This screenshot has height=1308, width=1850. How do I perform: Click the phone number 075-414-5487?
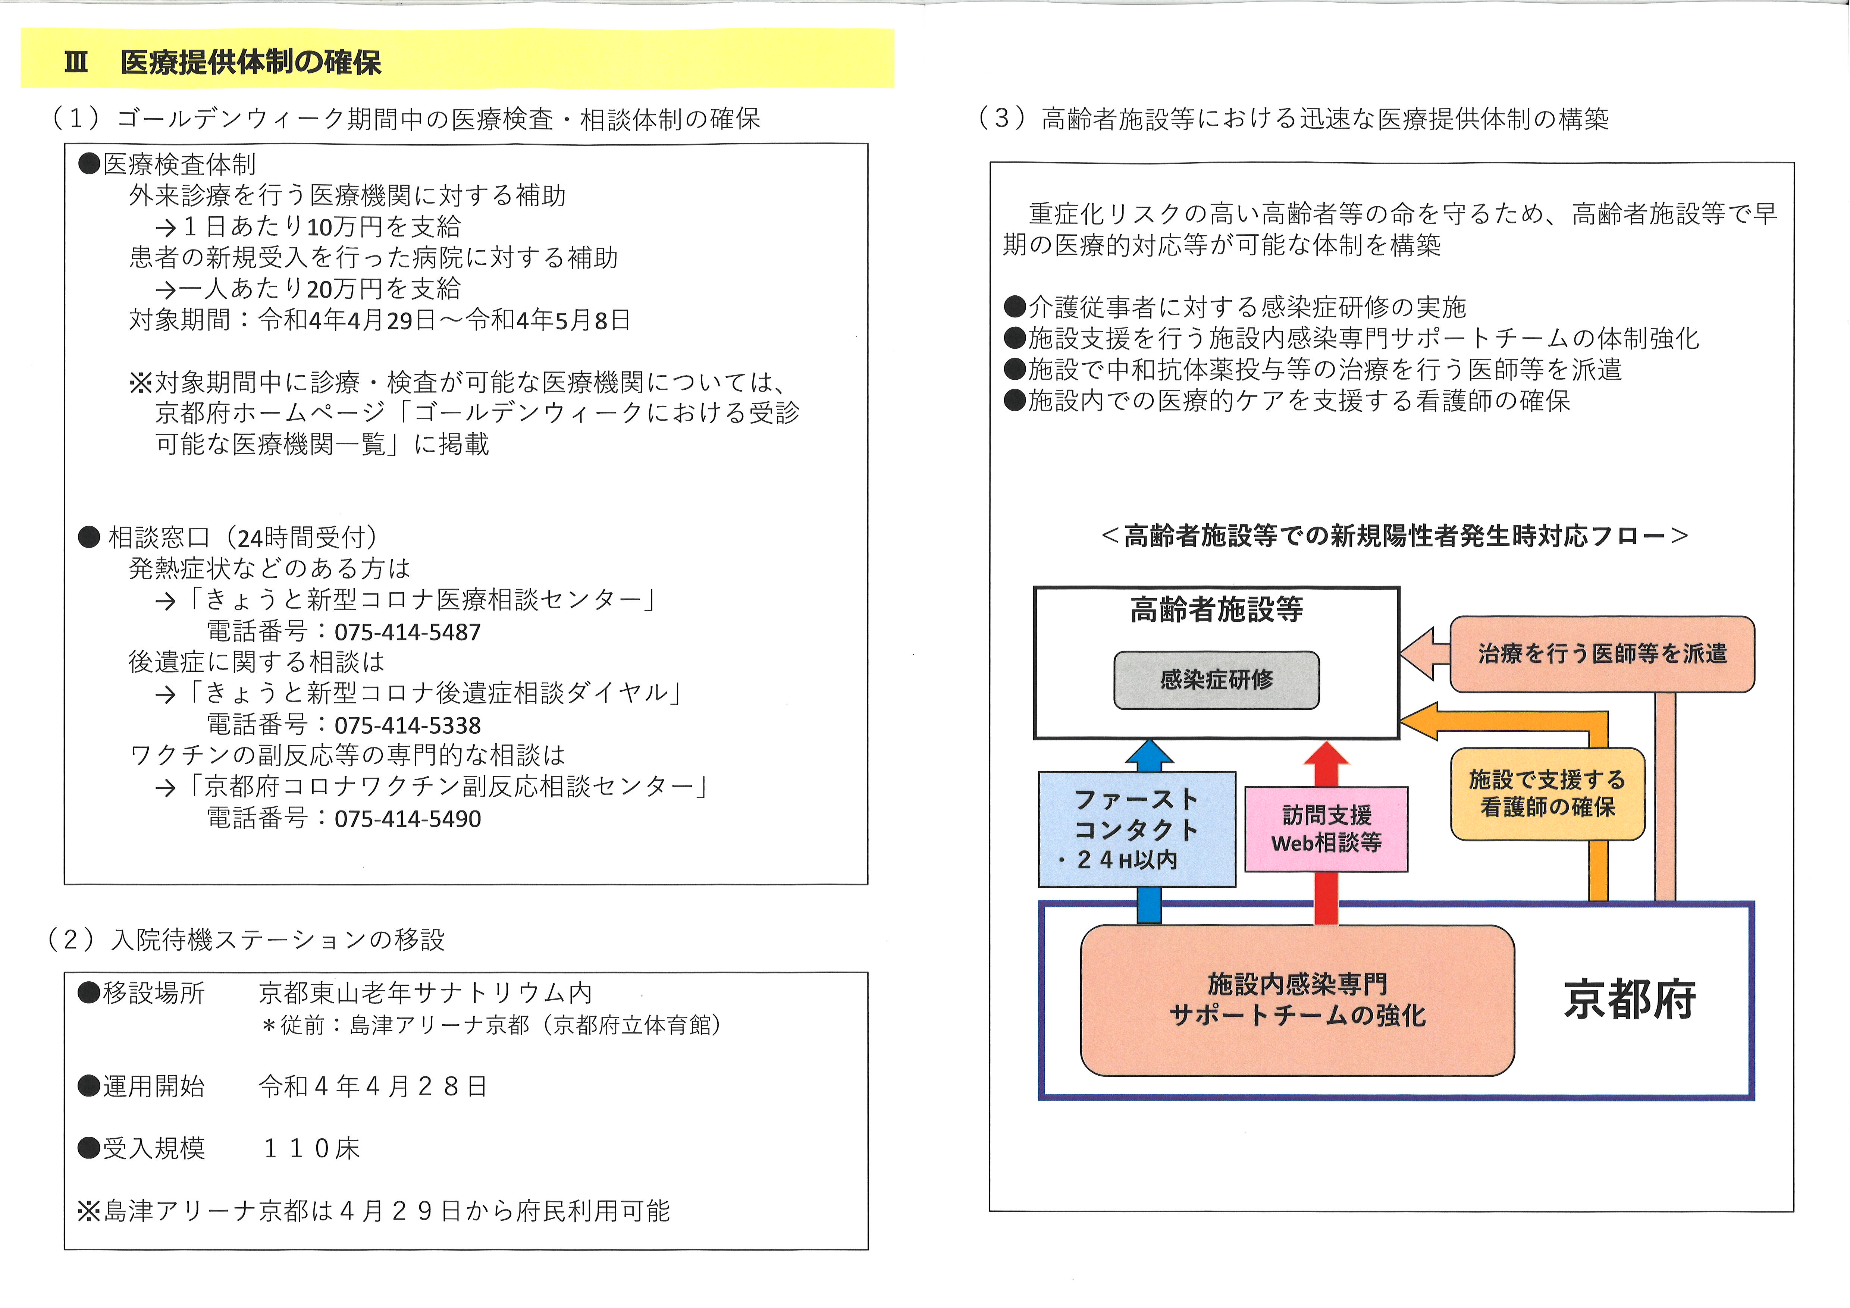coord(408,632)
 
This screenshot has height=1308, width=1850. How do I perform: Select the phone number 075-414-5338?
coord(408,725)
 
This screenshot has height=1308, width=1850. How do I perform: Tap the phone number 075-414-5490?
coord(408,819)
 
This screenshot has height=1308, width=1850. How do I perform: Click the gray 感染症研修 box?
coord(1216,680)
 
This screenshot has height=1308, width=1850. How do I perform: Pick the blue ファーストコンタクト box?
coord(1137,829)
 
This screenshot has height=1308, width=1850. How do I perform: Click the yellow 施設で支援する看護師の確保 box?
coord(1547,794)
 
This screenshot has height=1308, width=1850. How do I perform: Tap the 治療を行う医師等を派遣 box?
coord(1602,653)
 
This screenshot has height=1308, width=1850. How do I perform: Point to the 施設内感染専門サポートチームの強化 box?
coord(1297,1000)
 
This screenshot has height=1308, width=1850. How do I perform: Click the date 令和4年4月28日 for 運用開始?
coord(373,1086)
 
